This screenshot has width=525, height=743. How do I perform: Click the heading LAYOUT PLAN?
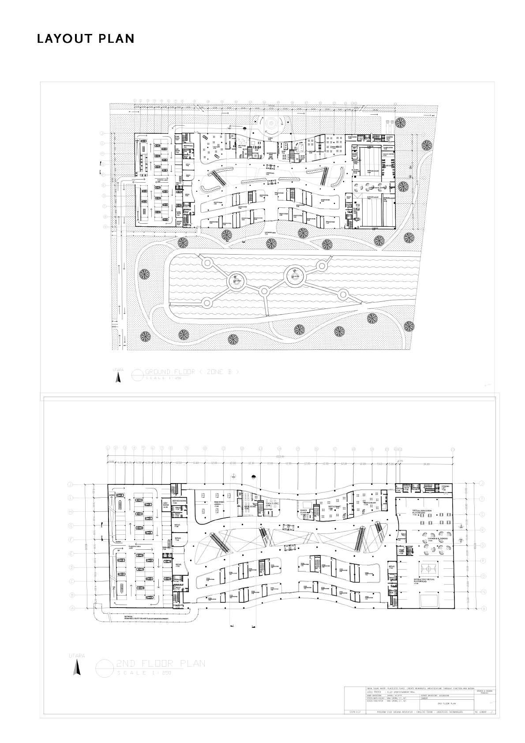[86, 39]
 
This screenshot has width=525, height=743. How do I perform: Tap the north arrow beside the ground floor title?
[118, 377]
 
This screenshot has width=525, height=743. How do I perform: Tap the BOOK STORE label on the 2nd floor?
[250, 507]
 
